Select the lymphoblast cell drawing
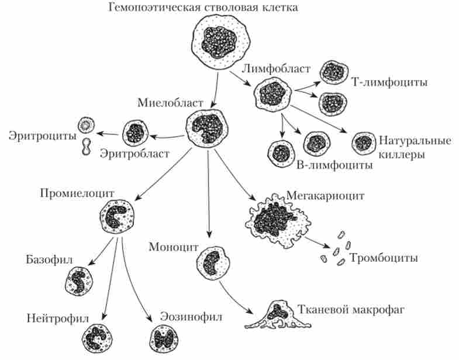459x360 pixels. (272, 93)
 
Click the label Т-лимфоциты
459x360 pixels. (390, 82)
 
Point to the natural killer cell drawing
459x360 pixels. (363, 141)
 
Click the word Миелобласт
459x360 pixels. (171, 103)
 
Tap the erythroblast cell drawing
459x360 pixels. (135, 132)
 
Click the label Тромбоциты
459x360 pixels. (384, 257)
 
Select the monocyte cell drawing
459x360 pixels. (212, 262)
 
